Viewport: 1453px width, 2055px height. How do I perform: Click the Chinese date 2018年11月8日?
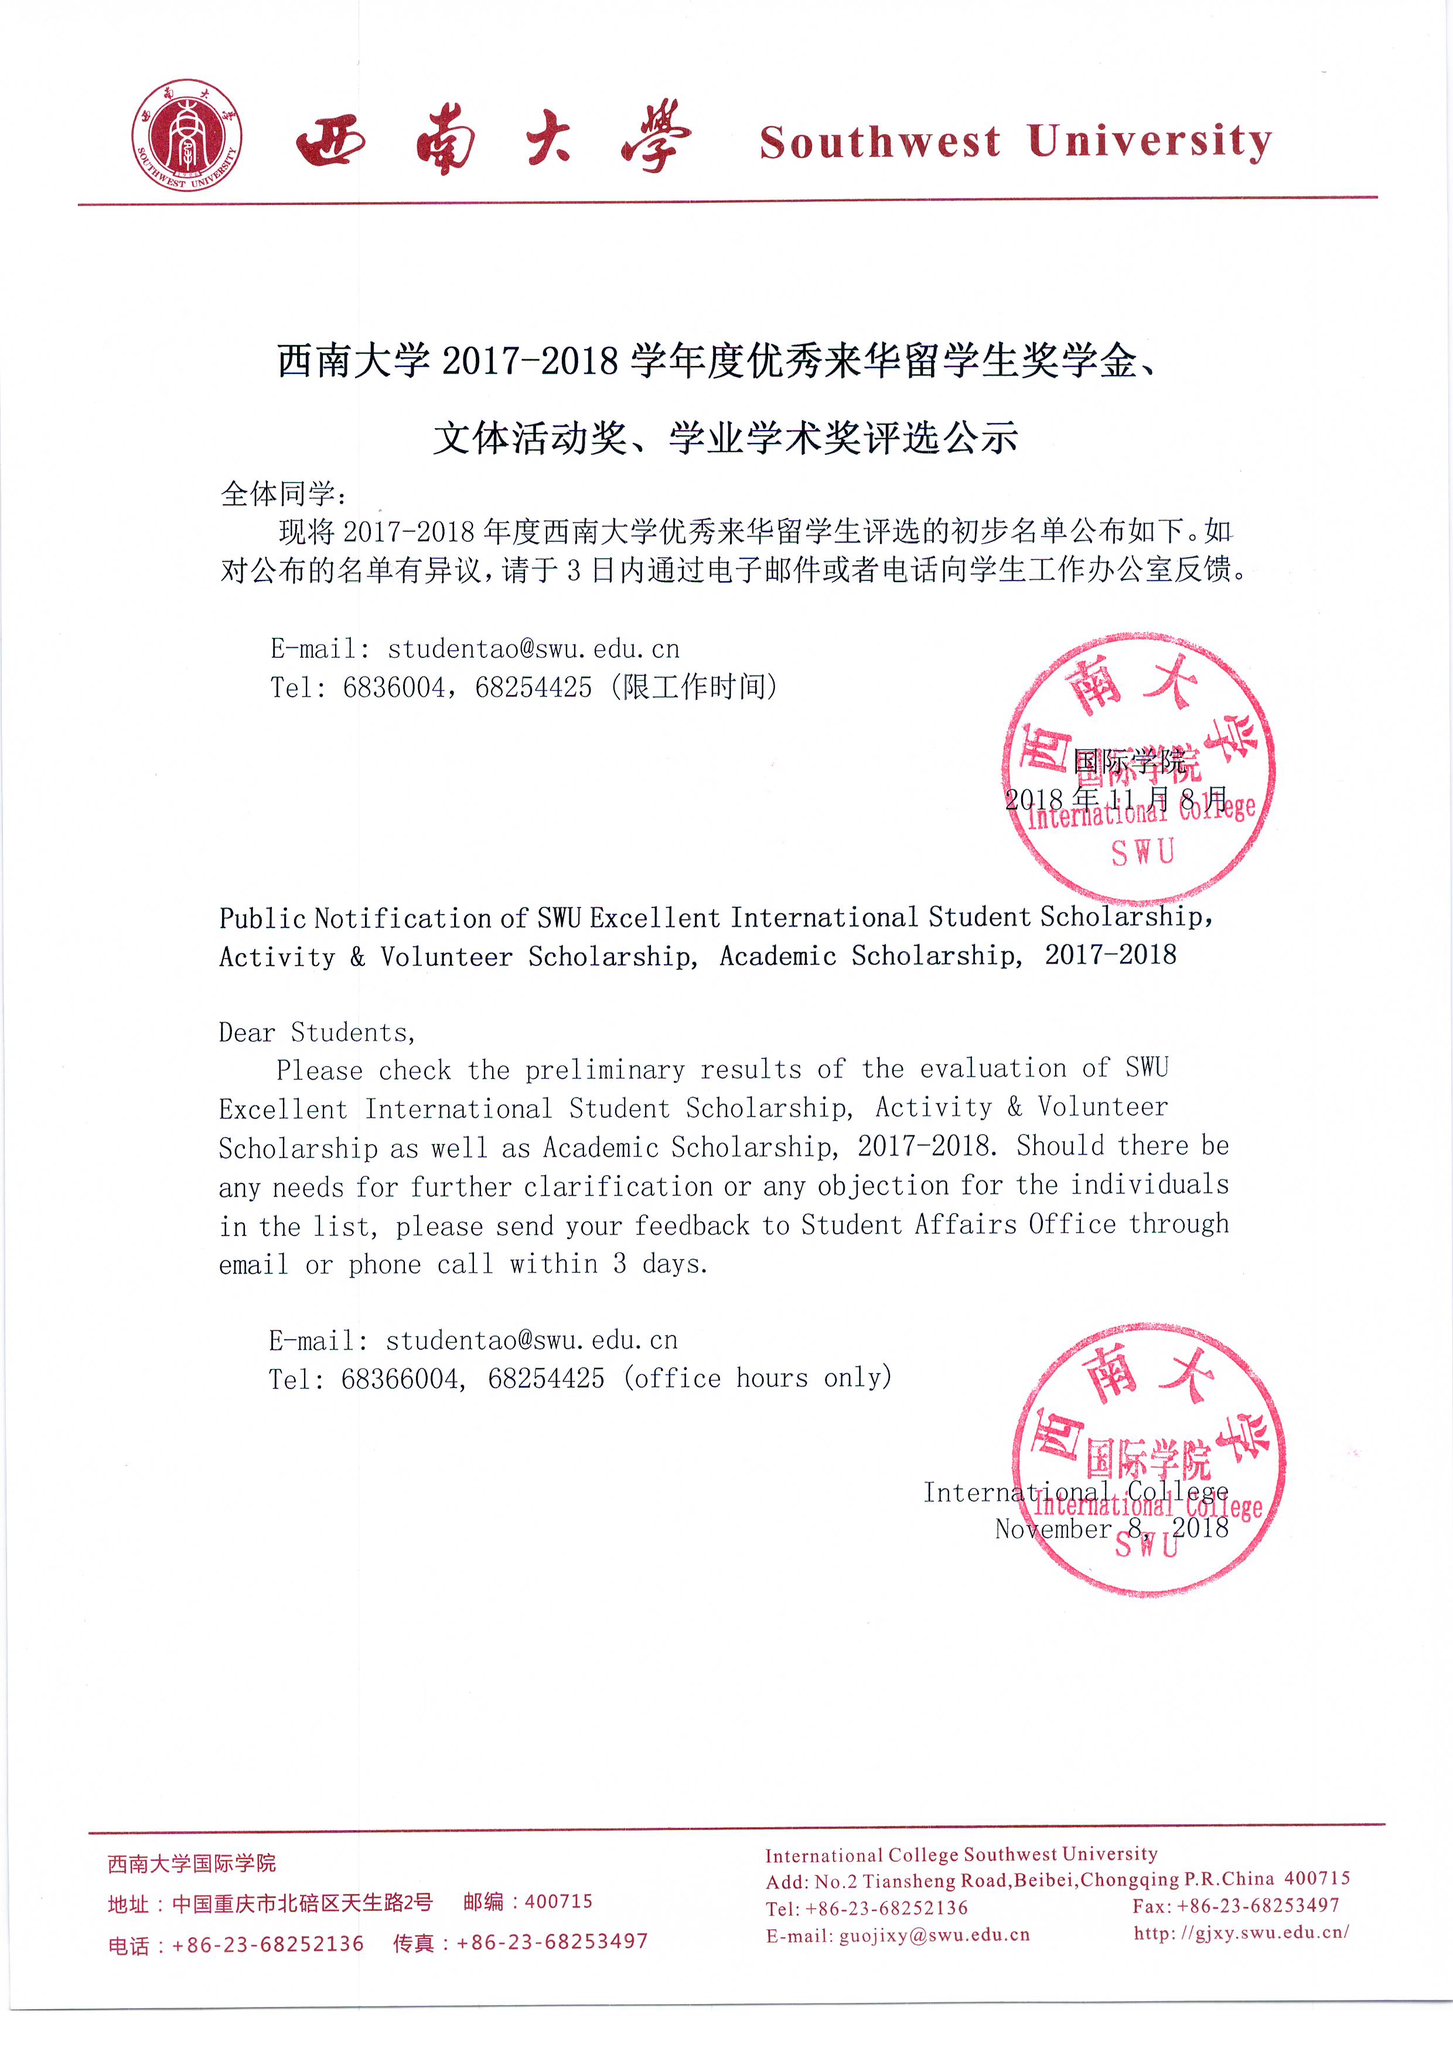1116,798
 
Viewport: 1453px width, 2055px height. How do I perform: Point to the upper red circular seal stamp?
1139,768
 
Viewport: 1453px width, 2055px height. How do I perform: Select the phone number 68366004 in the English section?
400,1378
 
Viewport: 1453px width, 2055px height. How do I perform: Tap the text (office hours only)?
758,1377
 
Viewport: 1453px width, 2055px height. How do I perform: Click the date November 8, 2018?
1111,1528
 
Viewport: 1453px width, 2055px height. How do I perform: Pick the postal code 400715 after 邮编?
558,1901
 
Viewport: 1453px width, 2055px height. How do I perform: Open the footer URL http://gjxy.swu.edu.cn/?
1241,1933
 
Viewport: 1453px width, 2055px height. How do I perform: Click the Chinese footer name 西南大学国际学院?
192,1863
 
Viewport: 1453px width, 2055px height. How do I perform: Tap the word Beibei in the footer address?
1044,1880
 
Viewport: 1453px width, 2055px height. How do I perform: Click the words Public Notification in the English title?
354,919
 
